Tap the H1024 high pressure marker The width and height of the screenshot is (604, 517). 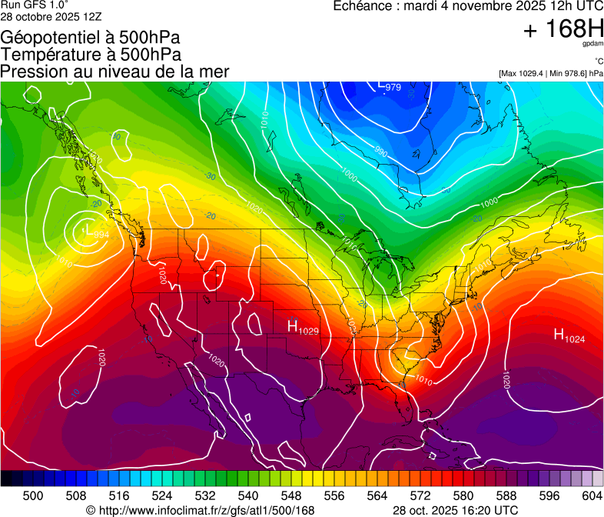[569, 335]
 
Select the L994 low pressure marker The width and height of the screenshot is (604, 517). [96, 232]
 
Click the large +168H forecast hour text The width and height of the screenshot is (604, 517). [563, 30]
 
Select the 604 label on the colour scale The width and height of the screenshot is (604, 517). [592, 495]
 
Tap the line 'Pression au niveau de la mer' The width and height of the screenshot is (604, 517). [115, 72]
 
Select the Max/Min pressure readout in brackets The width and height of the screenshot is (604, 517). [550, 74]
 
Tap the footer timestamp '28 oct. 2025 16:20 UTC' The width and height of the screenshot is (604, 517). [456, 510]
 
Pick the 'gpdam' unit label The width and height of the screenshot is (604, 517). [592, 45]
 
